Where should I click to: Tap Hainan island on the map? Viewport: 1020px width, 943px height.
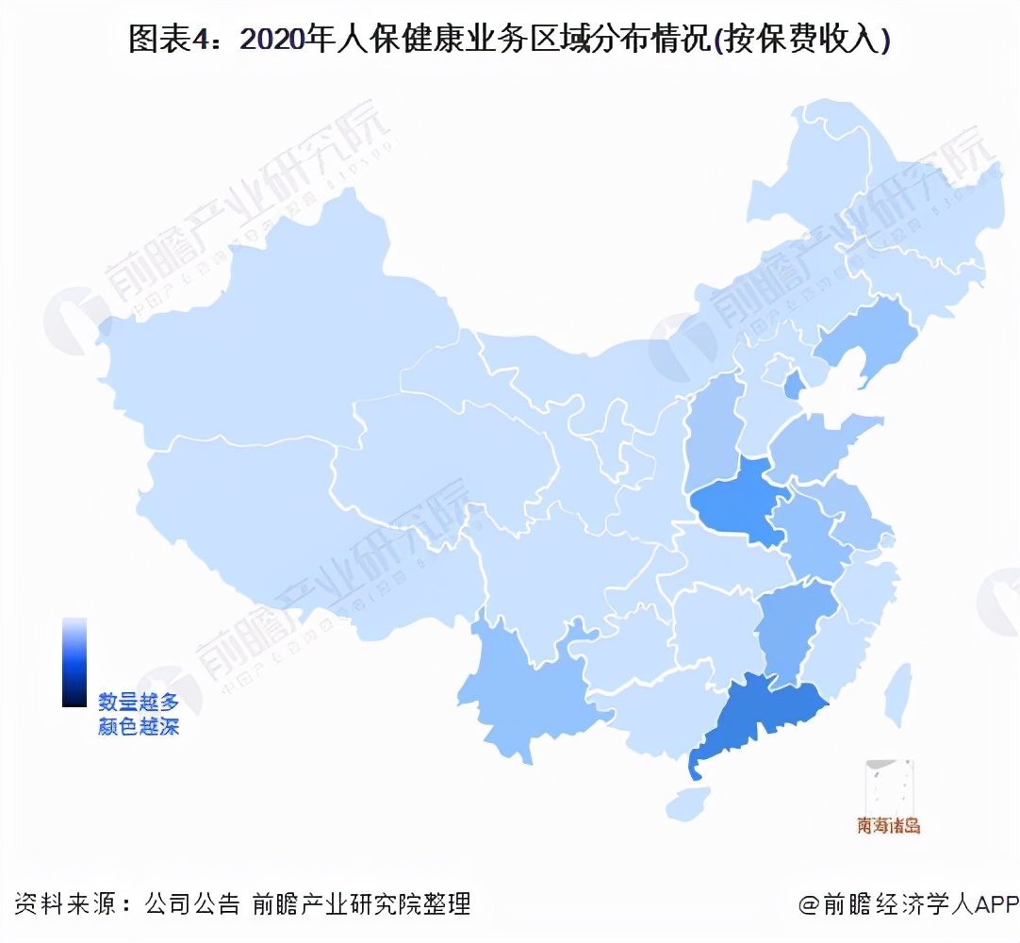pos(687,804)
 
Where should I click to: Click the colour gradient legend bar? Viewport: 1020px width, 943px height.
pos(74,661)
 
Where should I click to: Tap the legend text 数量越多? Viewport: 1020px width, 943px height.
pos(138,702)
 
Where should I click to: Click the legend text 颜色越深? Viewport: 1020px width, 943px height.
pos(138,727)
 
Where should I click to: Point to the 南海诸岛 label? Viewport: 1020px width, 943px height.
pos(888,826)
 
